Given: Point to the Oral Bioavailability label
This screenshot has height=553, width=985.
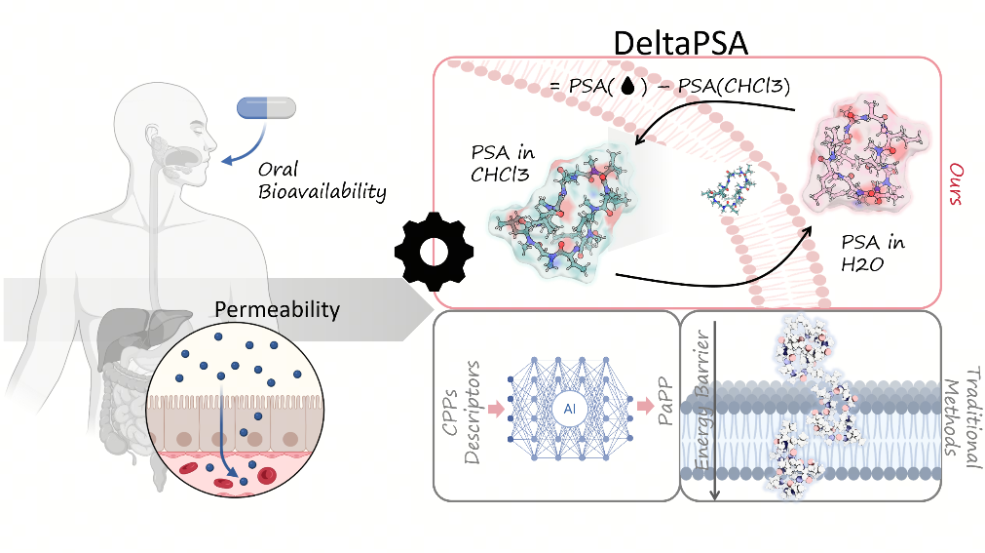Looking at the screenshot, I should click(x=322, y=180).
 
